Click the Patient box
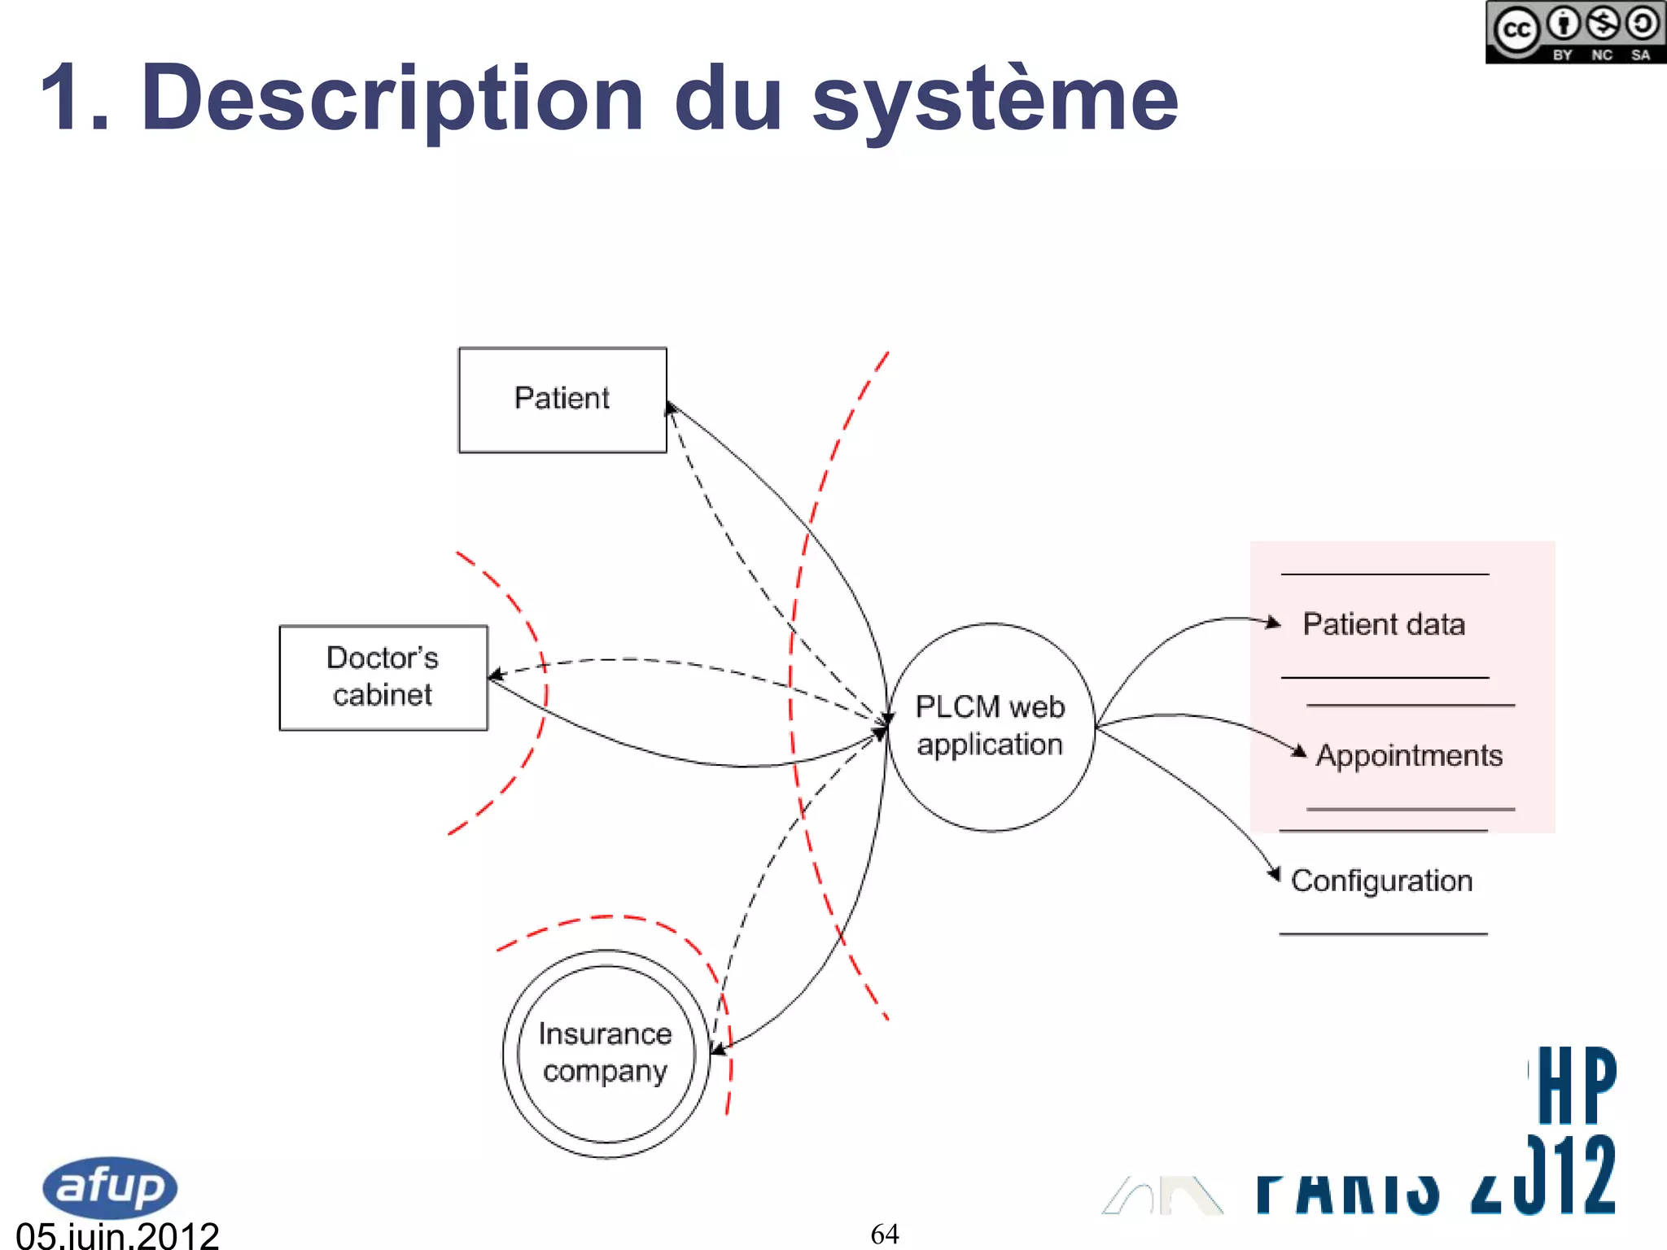[x=562, y=400]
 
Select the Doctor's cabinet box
[x=383, y=677]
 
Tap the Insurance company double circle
[x=606, y=1053]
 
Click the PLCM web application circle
[x=990, y=726]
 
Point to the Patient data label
[x=1384, y=624]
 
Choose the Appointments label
[x=1409, y=755]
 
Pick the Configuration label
[x=1381, y=881]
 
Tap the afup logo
[x=110, y=1187]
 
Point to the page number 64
[x=885, y=1234]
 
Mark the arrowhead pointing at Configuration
[x=1275, y=875]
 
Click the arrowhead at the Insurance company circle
[x=717, y=1049]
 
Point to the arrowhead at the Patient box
[x=671, y=407]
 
